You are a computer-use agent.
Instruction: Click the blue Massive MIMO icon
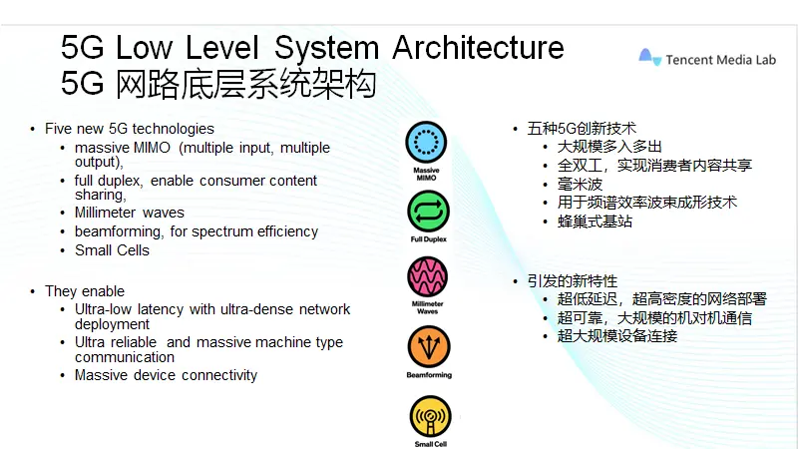coord(426,142)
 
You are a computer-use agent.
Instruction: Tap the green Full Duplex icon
coord(428,211)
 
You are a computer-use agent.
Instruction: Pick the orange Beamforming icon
coord(428,345)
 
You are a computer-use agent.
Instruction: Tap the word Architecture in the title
coord(478,47)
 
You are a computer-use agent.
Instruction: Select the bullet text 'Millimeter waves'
coord(129,213)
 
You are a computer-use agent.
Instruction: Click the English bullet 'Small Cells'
coord(112,250)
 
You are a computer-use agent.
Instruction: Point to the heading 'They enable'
coord(85,291)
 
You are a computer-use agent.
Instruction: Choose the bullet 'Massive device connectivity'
coord(166,375)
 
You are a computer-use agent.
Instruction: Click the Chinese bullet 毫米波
coord(581,184)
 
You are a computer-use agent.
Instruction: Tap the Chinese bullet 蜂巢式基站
coord(595,222)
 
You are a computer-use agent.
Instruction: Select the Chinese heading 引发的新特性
coord(573,280)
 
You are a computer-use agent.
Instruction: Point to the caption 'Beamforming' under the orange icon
coord(428,375)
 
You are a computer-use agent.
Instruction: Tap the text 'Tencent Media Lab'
coord(719,59)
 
